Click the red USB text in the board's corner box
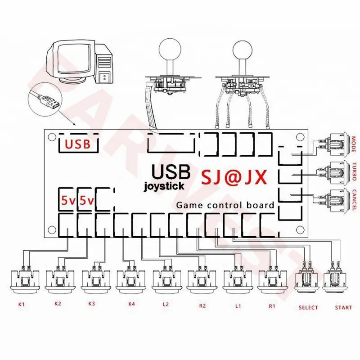point(77,144)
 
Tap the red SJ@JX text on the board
point(234,177)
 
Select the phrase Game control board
point(225,205)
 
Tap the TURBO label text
point(354,171)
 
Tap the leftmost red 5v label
point(68,201)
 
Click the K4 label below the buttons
point(131,304)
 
